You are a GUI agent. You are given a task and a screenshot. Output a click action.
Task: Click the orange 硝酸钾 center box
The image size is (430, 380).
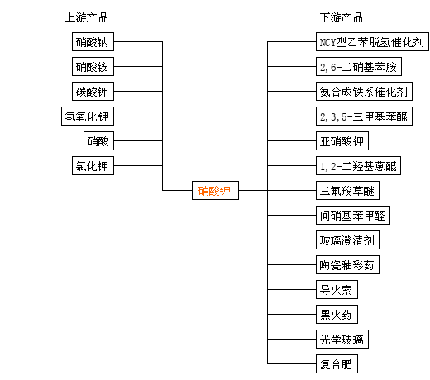(x=215, y=190)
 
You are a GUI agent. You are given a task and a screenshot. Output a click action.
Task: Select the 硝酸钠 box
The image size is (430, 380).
(x=93, y=41)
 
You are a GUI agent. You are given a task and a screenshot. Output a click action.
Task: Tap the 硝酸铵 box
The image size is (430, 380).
(x=93, y=66)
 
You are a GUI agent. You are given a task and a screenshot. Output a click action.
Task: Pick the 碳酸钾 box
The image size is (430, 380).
(x=93, y=91)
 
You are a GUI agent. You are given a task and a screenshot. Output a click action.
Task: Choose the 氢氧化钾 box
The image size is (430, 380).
(x=88, y=116)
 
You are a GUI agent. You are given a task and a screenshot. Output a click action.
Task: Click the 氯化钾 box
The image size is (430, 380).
(x=93, y=165)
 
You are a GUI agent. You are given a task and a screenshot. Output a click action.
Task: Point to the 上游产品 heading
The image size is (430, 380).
(x=87, y=17)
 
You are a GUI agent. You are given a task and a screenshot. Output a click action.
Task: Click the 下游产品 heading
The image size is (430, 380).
(x=342, y=17)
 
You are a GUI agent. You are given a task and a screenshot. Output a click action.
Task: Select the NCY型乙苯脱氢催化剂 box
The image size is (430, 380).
(x=372, y=41)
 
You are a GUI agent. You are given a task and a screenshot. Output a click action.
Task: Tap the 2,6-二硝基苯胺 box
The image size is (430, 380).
(x=359, y=66)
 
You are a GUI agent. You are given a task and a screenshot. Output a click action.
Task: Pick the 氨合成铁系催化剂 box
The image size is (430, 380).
(x=364, y=91)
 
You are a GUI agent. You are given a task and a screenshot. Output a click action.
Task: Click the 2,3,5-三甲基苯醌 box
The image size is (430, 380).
(x=364, y=116)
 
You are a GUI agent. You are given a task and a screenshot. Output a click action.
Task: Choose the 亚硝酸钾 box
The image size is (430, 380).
(x=342, y=140)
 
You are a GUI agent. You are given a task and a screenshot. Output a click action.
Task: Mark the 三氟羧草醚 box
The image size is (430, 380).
(x=347, y=190)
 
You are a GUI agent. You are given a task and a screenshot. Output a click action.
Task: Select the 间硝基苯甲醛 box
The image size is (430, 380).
(x=353, y=215)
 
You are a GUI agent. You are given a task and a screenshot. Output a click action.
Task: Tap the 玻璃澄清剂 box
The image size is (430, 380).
(x=347, y=240)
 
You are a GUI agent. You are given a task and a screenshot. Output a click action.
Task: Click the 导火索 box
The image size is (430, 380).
(x=337, y=289)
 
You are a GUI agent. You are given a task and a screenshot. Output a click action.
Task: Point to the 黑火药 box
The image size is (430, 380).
(x=337, y=314)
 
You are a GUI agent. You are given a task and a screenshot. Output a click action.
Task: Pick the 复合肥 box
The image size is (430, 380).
(x=337, y=363)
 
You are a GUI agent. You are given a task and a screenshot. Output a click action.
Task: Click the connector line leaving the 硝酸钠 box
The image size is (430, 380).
(x=138, y=41)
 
